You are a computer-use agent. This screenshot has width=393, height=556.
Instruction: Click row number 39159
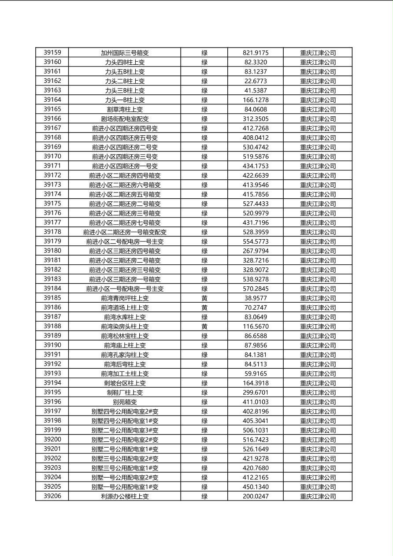(52, 52)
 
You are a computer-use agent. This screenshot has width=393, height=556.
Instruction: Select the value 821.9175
(256, 53)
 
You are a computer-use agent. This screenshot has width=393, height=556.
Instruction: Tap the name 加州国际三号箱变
(125, 53)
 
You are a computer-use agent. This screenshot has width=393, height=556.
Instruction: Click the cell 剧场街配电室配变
(125, 119)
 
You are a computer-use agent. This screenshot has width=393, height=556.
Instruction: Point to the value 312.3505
(256, 119)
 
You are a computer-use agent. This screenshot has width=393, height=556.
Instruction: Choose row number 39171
(52, 166)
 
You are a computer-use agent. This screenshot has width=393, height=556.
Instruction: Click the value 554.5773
(256, 241)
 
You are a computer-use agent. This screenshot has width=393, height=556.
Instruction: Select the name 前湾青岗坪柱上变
(125, 298)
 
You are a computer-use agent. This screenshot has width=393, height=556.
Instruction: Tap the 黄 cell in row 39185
(204, 298)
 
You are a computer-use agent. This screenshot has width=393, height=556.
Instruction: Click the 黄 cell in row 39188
(204, 326)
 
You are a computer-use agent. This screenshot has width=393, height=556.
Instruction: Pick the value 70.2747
(256, 308)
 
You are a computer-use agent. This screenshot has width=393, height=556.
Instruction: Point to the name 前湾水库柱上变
(125, 317)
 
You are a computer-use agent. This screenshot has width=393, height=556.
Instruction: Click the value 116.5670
(256, 326)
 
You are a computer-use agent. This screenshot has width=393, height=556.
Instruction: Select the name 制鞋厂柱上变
(125, 393)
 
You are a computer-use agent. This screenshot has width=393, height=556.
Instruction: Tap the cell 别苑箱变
(125, 402)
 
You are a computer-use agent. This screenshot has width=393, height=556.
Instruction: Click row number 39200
(52, 439)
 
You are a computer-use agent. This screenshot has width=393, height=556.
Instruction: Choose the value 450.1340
(256, 487)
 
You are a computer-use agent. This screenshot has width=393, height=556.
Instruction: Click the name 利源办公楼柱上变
(125, 497)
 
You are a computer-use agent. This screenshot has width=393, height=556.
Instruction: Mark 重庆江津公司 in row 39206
(318, 497)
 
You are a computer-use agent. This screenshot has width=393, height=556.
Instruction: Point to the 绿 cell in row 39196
(204, 402)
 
